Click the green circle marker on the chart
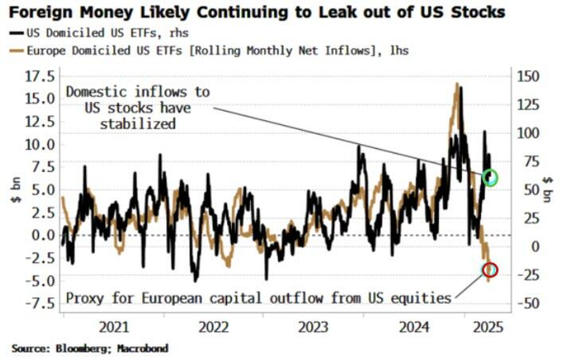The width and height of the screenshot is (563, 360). tap(492, 177)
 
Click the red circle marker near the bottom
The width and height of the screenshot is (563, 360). tap(490, 269)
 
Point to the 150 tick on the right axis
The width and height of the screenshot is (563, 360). tap(528, 76)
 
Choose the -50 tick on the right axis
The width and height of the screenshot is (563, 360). tap(527, 303)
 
